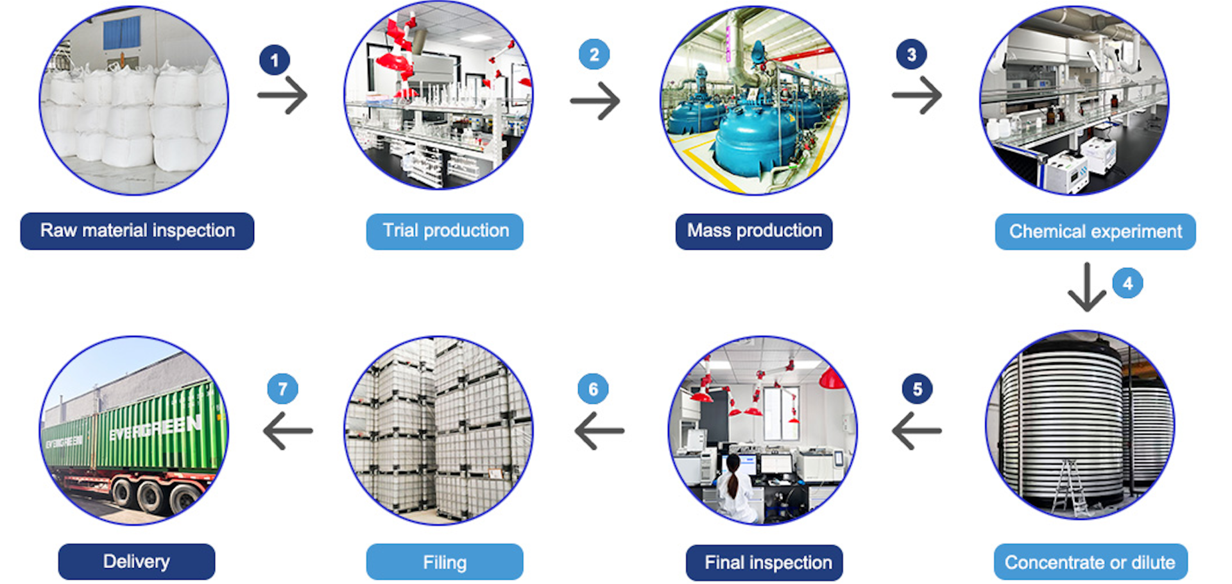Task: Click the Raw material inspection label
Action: (137, 231)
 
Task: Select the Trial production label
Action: (445, 231)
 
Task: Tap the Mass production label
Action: (754, 231)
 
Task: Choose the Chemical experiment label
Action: (1095, 232)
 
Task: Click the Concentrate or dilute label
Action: (1090, 562)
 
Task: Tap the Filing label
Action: (445, 562)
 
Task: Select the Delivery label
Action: (137, 562)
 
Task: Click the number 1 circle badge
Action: (275, 60)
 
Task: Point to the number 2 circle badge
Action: (594, 55)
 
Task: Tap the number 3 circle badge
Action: (911, 55)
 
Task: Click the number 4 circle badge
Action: (1127, 283)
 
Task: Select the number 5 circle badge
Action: (917, 389)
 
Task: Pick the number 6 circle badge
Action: (593, 389)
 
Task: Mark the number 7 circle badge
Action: (282, 389)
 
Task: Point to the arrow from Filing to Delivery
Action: (288, 431)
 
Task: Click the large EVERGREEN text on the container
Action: (155, 429)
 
